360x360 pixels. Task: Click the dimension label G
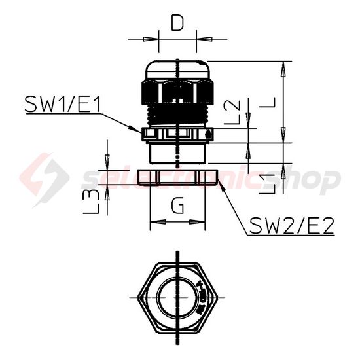pos(177,206)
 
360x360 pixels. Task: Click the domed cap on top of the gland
pos(177,69)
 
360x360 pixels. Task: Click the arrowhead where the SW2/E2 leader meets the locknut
pos(223,185)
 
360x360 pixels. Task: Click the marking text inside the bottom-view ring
pos(202,296)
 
